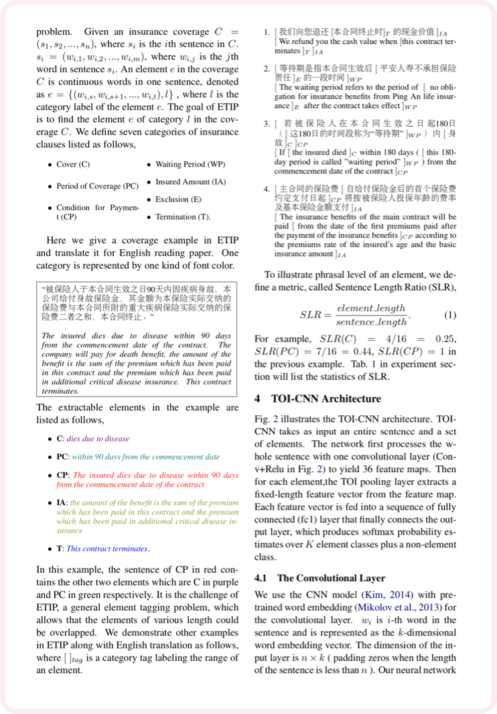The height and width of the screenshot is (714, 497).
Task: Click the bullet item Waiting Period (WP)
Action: [x=190, y=165]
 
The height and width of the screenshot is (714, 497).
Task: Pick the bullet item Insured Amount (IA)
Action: [x=190, y=182]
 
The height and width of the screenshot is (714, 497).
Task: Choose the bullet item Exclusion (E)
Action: [x=177, y=200]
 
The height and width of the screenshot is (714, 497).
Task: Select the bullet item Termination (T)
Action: [x=183, y=217]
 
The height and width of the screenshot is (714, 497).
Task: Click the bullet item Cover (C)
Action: [x=73, y=165]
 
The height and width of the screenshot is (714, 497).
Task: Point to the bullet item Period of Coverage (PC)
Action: [x=97, y=186]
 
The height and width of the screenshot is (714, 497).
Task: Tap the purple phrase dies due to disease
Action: [x=98, y=439]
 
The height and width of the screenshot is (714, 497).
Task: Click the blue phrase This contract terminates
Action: [x=107, y=549]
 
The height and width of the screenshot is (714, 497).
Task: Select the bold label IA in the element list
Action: [x=61, y=501]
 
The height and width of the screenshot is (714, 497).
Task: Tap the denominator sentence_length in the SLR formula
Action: [x=372, y=322]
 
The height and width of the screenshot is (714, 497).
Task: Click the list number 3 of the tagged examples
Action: [x=266, y=123]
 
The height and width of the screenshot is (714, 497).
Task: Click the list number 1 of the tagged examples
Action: [x=266, y=31]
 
